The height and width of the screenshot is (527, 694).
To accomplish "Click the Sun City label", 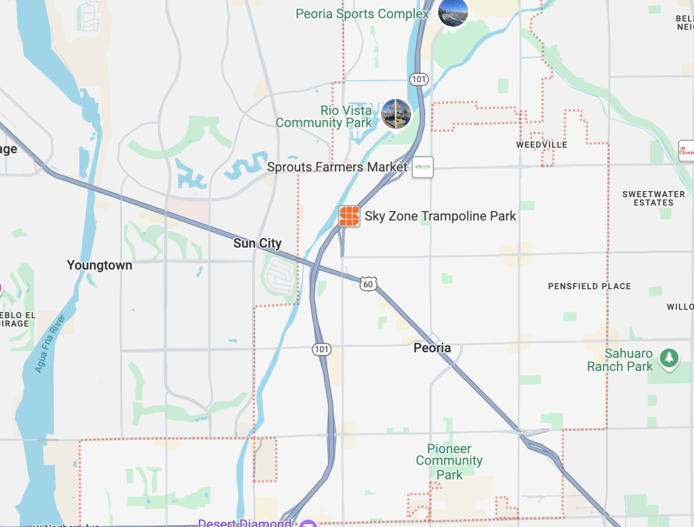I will [257, 243].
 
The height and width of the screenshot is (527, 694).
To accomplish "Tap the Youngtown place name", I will [100, 266].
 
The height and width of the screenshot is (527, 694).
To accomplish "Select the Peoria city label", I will [432, 347].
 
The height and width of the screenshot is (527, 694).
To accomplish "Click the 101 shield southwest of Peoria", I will [322, 350].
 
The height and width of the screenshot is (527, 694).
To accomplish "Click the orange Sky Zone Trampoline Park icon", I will [349, 216].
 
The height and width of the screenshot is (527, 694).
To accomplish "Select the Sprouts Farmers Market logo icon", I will [422, 167].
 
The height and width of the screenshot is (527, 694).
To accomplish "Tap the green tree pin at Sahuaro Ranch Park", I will [670, 357].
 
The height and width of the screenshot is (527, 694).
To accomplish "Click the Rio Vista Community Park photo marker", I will [396, 114].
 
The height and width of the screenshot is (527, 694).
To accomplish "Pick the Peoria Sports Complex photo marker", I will [453, 12].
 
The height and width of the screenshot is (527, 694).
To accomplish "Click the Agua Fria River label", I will [49, 344].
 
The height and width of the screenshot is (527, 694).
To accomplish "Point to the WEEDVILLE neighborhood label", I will [542, 145].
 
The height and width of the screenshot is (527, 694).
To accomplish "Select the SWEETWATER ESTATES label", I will [653, 198].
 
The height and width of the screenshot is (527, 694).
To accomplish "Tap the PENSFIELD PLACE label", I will [589, 287].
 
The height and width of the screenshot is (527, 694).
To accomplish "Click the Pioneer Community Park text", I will [449, 461].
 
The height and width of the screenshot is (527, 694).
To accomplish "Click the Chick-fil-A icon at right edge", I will [687, 150].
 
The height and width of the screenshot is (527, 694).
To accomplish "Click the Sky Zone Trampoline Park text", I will [441, 216].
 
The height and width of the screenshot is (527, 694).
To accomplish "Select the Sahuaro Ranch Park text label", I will [619, 360].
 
